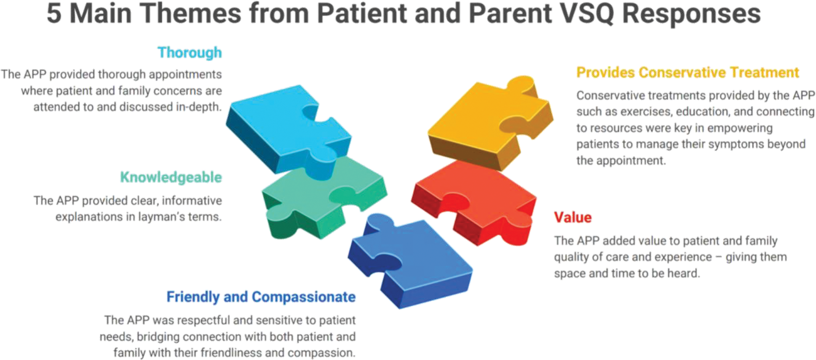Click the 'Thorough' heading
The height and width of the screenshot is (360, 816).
pos(190,53)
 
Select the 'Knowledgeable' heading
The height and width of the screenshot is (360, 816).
pos(171,178)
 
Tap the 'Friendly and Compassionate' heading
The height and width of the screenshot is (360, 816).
pos(261,297)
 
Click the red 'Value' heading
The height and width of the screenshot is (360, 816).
pos(573,217)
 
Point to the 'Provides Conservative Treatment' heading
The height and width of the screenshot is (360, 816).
pos(688,72)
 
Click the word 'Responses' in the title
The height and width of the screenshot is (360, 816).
pos(692,14)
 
